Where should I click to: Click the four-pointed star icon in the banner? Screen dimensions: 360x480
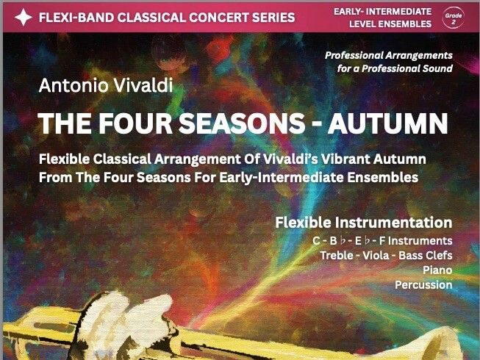click(x=24, y=18)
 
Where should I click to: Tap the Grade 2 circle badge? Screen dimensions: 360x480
click(x=453, y=17)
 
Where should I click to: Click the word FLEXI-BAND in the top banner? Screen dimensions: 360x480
click(x=77, y=18)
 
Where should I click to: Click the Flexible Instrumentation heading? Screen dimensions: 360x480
click(x=363, y=222)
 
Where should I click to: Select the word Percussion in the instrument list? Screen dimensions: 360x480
click(x=423, y=284)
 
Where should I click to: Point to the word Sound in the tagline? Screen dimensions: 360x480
click(x=437, y=68)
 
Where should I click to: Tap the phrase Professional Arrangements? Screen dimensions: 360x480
click(x=389, y=55)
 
